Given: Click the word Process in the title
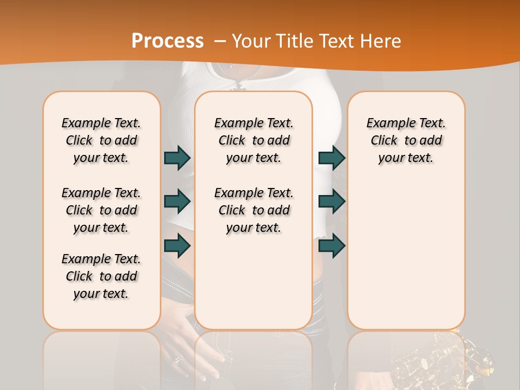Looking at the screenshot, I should pyautogui.click(x=167, y=41).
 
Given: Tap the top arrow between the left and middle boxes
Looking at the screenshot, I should pyautogui.click(x=177, y=158).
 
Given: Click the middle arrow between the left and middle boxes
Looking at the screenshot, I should pyautogui.click(x=177, y=201).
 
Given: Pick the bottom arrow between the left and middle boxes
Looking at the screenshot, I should pyautogui.click(x=177, y=246).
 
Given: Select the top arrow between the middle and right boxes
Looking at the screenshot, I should pyautogui.click(x=331, y=158).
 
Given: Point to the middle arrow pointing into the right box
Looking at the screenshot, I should pyautogui.click(x=331, y=201).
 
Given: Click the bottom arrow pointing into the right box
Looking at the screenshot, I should pyautogui.click(x=331, y=246).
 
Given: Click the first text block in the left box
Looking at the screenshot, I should pyautogui.click(x=101, y=140).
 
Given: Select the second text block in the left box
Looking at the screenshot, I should pyautogui.click(x=101, y=210).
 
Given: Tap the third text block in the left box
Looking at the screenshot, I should pyautogui.click(x=101, y=276).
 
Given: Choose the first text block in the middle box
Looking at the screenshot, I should pyautogui.click(x=253, y=140).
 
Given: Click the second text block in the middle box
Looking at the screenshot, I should pyautogui.click(x=253, y=210).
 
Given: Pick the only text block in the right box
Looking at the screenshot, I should pyautogui.click(x=406, y=140).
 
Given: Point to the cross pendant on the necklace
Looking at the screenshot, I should pyautogui.click(x=237, y=85).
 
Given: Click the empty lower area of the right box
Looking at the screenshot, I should pyautogui.click(x=406, y=255).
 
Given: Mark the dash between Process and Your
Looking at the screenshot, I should pyautogui.click(x=219, y=42).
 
